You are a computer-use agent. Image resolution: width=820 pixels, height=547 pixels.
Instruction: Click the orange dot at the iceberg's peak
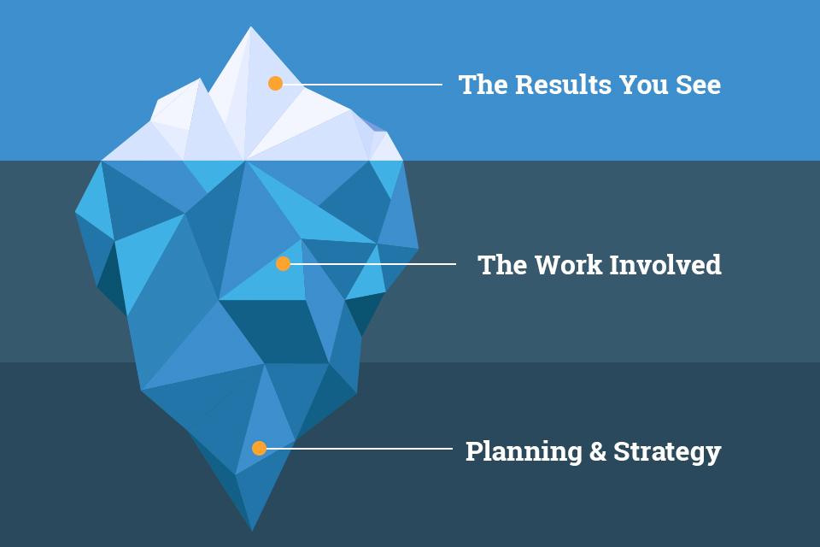(276, 83)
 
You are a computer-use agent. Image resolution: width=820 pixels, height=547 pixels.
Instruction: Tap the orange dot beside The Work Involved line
(283, 263)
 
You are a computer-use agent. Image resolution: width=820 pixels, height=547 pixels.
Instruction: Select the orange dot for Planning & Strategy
(260, 448)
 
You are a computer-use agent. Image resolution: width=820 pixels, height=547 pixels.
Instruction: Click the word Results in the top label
(563, 85)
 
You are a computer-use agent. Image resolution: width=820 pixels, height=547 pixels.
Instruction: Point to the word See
(698, 85)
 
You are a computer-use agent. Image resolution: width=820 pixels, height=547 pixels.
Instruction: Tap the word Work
(568, 264)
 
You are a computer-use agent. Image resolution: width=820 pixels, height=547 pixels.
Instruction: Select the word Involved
(665, 264)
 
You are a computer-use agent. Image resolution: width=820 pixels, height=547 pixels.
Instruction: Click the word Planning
(524, 451)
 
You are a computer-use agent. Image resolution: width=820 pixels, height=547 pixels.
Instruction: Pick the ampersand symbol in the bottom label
(598, 450)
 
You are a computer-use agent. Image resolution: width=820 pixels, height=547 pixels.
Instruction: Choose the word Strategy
(667, 451)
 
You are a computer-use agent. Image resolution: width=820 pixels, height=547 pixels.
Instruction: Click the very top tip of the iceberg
(250, 26)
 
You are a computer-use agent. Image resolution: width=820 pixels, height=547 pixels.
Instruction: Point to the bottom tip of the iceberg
(252, 530)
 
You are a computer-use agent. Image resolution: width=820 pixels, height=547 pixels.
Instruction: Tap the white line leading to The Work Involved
(373, 264)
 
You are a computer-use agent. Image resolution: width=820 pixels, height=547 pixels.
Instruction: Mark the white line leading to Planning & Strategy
(360, 449)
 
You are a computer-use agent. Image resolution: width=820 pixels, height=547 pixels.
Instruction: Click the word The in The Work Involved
(501, 264)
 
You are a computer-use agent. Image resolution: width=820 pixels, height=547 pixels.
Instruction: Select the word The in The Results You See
(483, 85)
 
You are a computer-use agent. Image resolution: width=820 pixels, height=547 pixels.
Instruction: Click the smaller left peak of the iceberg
(199, 79)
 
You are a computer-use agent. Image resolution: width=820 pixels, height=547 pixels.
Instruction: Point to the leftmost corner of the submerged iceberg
(76, 212)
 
